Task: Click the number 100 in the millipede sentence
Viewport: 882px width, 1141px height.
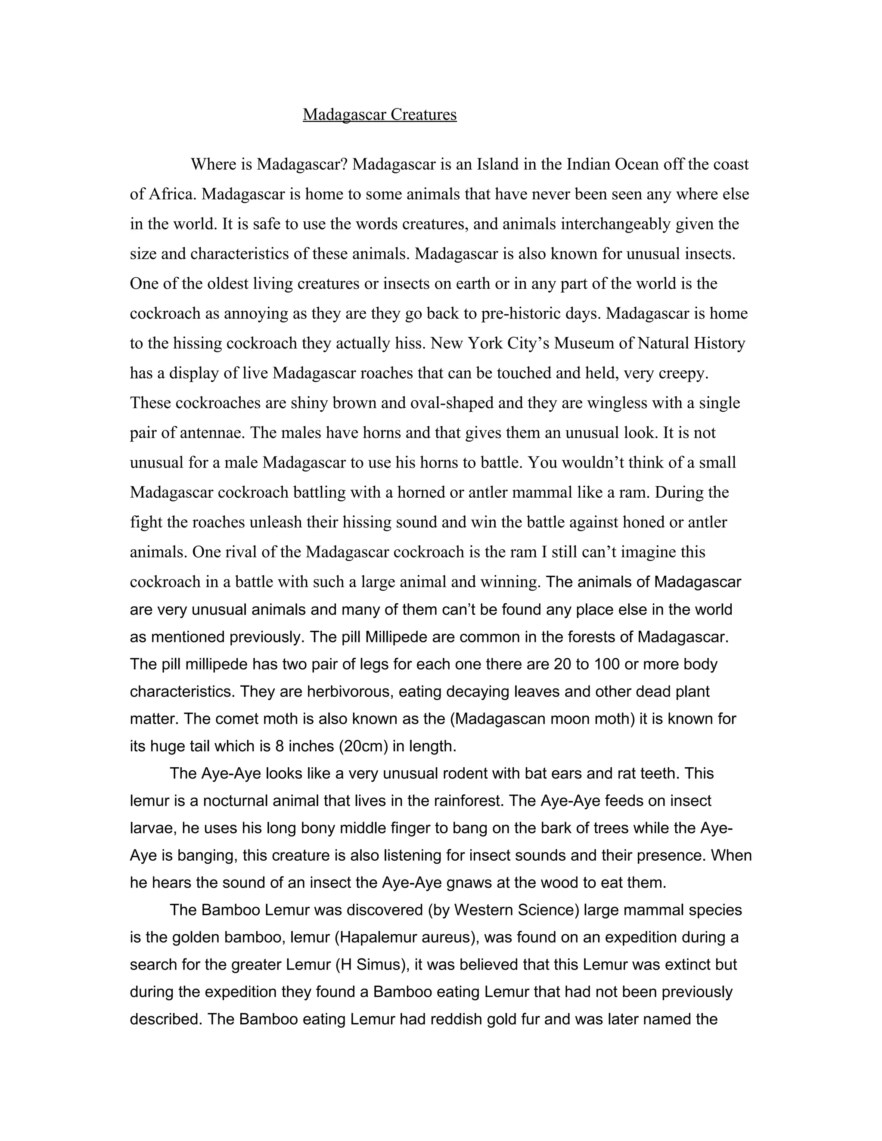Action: (x=606, y=664)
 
